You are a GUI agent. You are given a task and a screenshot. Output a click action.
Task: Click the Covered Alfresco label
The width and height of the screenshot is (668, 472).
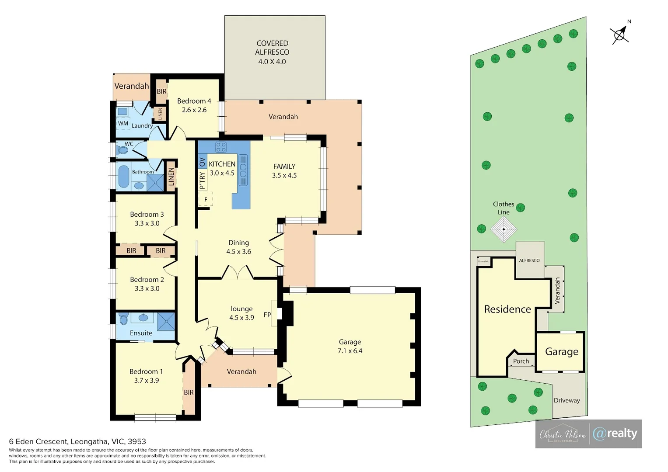point(272,52)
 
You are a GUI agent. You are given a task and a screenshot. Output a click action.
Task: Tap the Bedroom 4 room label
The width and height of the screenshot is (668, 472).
point(194,105)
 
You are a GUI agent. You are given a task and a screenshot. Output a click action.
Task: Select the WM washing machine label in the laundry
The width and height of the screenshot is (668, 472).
point(123,124)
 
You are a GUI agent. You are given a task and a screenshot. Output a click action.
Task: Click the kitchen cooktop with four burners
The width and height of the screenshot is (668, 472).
point(221,147)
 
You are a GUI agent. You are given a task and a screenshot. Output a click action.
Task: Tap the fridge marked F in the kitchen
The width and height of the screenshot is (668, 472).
point(206,199)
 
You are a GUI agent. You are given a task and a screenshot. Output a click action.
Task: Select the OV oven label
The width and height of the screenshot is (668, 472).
point(202,162)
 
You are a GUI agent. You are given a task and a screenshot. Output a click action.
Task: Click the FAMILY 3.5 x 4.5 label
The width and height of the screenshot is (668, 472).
point(284,171)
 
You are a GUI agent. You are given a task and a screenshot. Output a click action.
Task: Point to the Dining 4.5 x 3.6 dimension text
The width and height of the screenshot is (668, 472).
point(238,252)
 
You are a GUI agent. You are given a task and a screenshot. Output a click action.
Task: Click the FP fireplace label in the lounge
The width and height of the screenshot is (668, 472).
point(267,315)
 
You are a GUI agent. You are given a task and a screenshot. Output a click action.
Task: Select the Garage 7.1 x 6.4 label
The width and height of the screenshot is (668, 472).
point(350,346)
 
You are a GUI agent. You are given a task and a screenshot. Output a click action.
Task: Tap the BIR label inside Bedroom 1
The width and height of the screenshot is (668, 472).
point(189,392)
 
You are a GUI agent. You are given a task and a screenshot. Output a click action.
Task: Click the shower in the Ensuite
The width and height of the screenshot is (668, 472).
point(166,321)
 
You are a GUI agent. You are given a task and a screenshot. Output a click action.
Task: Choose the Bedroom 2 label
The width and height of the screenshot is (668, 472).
point(147,280)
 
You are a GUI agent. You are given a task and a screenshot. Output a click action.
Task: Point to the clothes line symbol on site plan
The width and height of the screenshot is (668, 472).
point(504,229)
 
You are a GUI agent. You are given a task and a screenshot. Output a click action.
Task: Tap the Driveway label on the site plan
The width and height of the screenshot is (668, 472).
point(567,400)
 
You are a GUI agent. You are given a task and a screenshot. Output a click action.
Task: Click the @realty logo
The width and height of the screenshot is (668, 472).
point(615,434)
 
